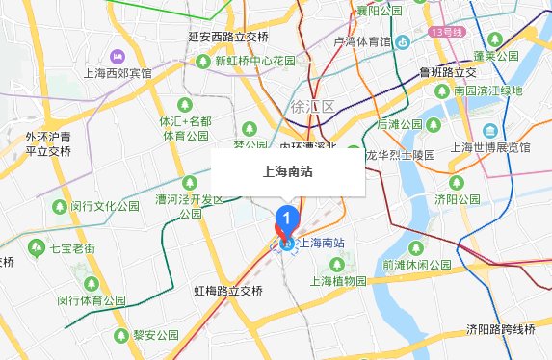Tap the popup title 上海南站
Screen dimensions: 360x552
tap(288, 173)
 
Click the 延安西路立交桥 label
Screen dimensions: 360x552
tap(228, 38)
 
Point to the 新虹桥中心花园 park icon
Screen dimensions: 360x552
tap(204, 61)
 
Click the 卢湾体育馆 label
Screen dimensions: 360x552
tap(362, 41)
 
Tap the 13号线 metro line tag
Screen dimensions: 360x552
tap(450, 32)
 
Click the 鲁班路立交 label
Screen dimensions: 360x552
tap(448, 72)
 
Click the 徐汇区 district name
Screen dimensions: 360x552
tap(311, 107)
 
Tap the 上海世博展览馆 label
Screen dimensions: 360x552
tap(490, 148)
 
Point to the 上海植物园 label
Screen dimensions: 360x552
tap(337, 282)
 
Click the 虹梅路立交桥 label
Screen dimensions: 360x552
tap(227, 290)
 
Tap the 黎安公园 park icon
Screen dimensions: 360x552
tap(121, 335)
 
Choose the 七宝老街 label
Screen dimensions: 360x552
tap(72, 248)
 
